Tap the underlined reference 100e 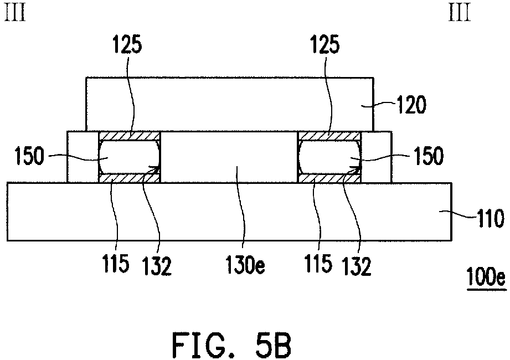click(486, 277)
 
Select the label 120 click(410, 105)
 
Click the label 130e click(245, 265)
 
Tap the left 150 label click(29, 156)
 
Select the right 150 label click(428, 156)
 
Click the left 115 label click(116, 263)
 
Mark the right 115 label click(318, 263)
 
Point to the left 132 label click(157, 266)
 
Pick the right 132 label click(357, 266)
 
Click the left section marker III click(15, 13)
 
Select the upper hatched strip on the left click(130, 136)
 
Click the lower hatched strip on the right click(329, 178)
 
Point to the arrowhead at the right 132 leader click(357, 169)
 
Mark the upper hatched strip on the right click(329, 136)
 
